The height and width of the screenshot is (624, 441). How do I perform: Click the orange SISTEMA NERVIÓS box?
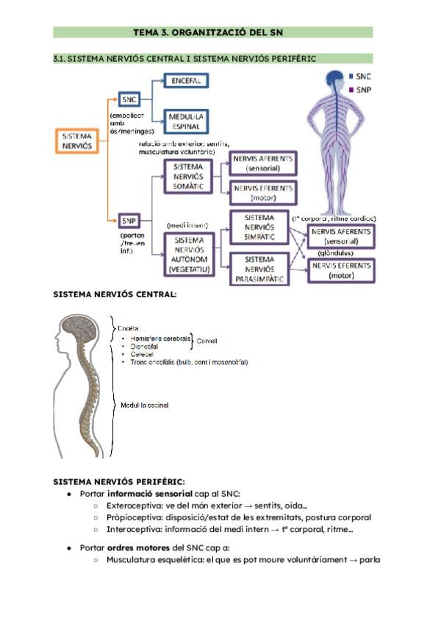76,142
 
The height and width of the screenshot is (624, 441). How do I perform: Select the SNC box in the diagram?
130,101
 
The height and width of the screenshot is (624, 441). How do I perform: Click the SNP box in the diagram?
129,220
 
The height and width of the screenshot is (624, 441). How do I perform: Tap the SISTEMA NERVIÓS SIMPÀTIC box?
259,229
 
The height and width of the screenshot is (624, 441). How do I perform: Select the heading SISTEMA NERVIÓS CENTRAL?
115,294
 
